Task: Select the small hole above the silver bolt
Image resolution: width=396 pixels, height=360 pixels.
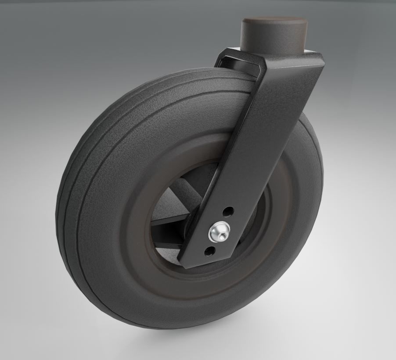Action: click(227, 212)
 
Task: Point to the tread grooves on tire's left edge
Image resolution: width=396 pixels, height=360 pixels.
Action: click(72, 184)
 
